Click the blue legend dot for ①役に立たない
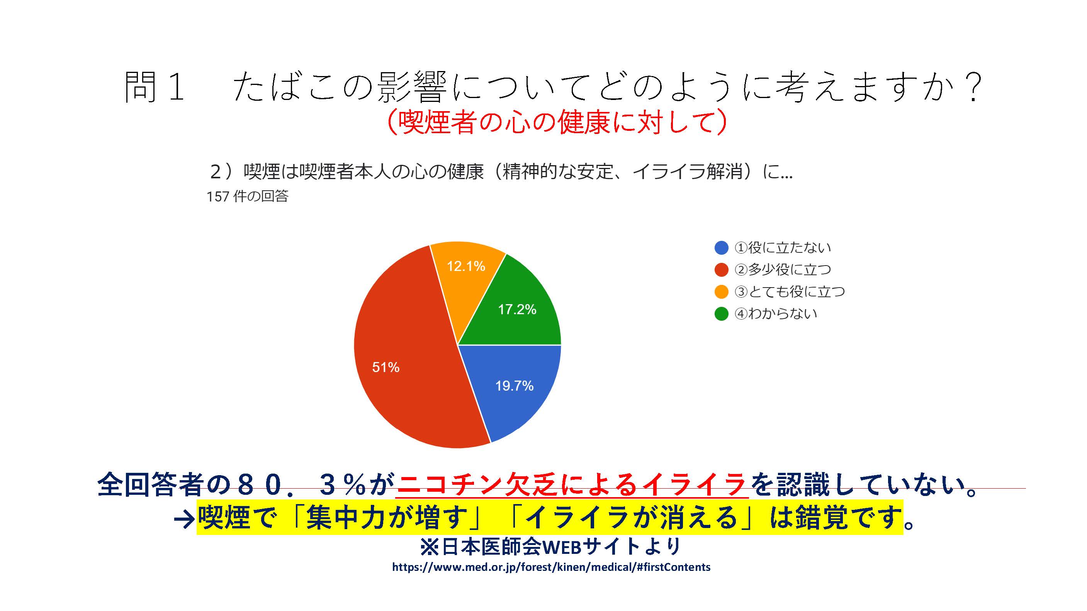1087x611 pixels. [x=721, y=247]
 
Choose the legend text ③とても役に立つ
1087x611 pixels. [x=790, y=291]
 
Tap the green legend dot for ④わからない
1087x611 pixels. [x=721, y=313]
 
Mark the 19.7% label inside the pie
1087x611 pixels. [x=515, y=386]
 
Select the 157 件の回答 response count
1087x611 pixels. [x=247, y=196]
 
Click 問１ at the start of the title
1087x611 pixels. [x=155, y=86]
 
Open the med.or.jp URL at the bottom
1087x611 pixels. [x=551, y=567]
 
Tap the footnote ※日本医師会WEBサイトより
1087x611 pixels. [x=551, y=547]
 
